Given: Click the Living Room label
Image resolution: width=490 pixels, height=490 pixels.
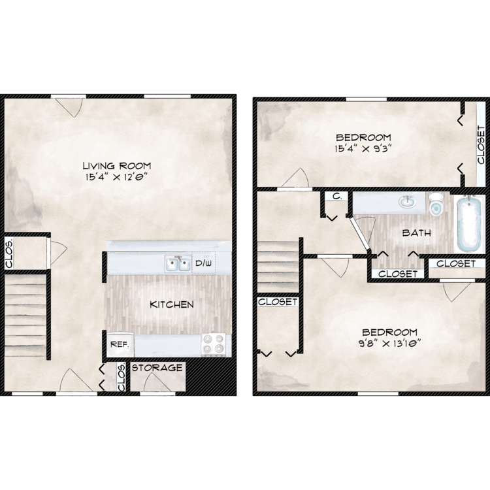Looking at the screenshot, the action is (117, 165).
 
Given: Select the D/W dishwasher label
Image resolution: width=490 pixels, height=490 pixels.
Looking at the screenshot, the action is (203, 263).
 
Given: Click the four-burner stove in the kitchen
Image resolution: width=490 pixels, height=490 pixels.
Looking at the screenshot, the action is (214, 344).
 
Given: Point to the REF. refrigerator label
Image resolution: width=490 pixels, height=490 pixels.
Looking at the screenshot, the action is (120, 344).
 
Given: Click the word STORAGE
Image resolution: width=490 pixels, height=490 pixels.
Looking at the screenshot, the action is (157, 368).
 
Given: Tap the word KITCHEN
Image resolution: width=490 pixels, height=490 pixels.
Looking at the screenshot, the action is (172, 304).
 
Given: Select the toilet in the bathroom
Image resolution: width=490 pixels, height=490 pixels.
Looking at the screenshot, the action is (436, 204).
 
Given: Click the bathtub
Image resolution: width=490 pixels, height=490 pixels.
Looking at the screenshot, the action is (469, 224).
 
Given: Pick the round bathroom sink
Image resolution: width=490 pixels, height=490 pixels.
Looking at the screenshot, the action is (408, 202).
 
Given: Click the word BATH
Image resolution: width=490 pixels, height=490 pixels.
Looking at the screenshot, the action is (417, 233).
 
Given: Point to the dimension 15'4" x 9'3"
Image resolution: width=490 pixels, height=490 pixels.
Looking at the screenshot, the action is (363, 148).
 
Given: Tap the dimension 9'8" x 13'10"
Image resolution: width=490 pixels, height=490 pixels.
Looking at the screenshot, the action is (389, 344).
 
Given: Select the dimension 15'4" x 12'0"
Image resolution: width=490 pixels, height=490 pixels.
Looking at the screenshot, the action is (116, 177).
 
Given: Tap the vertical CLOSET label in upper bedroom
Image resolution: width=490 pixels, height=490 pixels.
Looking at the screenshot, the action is (482, 144).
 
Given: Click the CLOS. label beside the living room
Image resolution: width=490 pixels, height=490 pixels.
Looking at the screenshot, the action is (9, 253).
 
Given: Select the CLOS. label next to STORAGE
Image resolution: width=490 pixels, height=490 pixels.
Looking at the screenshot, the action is (122, 377).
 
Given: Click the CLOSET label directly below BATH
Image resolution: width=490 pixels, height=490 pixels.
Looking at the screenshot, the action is (398, 274).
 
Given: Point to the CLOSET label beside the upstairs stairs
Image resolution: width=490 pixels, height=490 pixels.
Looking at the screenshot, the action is (278, 302).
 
